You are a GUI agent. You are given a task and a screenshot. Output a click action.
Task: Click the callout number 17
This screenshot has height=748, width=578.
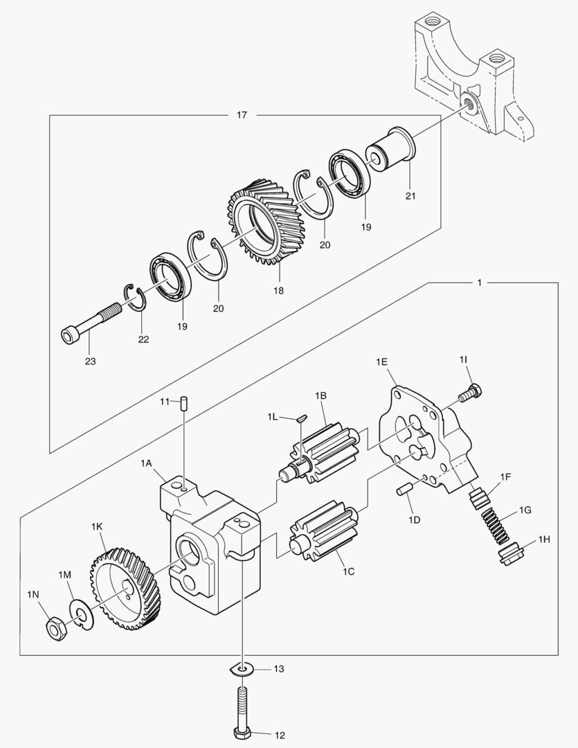[242, 115]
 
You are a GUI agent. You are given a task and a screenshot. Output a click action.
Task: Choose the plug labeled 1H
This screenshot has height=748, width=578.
[511, 553]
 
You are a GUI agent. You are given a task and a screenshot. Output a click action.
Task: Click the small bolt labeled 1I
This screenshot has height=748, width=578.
[469, 391]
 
